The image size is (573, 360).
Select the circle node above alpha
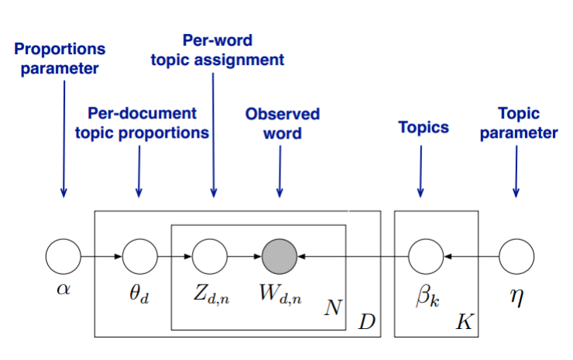click(63, 255)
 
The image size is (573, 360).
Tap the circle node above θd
click(139, 255)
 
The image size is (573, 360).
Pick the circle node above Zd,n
click(208, 255)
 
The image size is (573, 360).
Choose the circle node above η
click(515, 255)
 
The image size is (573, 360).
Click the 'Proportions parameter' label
click(60, 57)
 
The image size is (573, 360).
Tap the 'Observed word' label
click(282, 123)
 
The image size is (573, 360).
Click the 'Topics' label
click(423, 127)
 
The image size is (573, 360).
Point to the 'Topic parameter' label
click(518, 123)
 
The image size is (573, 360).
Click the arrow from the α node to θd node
click(101, 255)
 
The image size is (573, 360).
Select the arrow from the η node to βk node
click(470, 255)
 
